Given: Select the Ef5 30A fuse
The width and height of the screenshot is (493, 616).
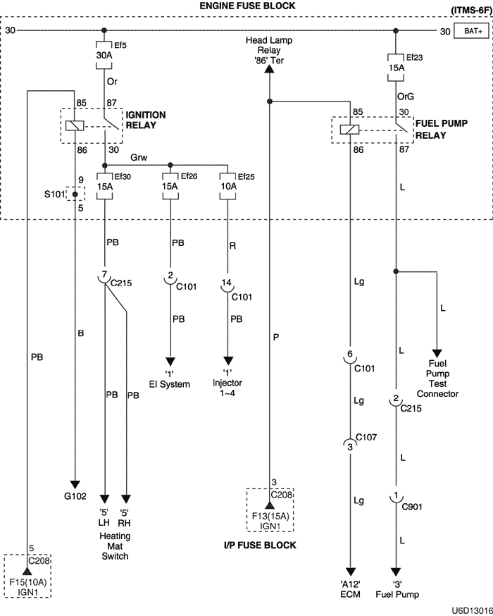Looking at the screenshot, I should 105,55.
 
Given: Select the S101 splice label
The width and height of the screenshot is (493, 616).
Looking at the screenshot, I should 54,192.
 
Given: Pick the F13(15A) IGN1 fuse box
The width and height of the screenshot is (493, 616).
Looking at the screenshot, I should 270,509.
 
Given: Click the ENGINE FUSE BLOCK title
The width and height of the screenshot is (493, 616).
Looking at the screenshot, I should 246,6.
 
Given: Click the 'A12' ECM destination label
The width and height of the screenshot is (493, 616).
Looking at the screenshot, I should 350,589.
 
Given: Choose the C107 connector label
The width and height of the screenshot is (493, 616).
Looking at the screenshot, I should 366,438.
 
